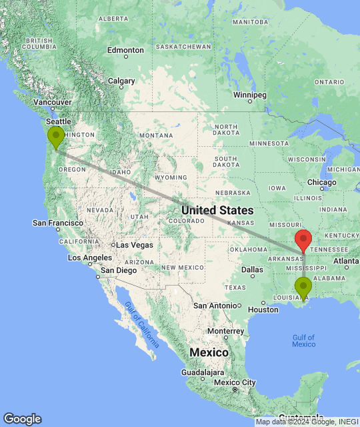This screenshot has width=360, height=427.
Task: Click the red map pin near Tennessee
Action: coord(303,239)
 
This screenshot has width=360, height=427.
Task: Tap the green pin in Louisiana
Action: coord(303,288)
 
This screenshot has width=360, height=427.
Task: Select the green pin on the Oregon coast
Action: coord(55,137)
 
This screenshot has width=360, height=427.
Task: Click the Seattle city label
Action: coord(58,121)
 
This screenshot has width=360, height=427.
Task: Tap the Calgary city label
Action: coord(121,81)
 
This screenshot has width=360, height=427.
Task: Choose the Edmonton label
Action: coord(125,50)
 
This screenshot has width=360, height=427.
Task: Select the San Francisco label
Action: coord(59,223)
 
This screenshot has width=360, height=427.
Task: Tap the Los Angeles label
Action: coord(89,258)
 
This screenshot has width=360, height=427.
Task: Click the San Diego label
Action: coord(119,270)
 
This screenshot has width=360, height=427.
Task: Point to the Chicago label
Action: coord(322,182)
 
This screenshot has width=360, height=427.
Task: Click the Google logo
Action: coord(22,419)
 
